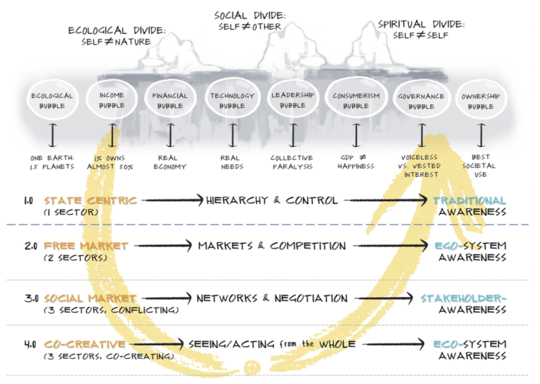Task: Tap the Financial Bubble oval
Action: tap(170, 101)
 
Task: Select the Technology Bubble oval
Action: tap(232, 101)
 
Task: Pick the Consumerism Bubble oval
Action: tap(356, 101)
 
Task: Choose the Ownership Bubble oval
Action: tap(481, 101)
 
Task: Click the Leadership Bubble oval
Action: tap(292, 101)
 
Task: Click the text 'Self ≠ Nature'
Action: tap(116, 42)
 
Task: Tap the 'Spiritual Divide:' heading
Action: tap(421, 24)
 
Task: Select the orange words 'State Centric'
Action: tap(90, 200)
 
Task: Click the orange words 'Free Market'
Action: tap(86, 246)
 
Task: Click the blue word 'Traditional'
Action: tap(469, 200)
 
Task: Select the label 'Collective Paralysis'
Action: tap(292, 161)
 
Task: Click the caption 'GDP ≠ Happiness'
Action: tap(356, 161)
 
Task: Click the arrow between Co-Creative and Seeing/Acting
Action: tap(158, 344)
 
